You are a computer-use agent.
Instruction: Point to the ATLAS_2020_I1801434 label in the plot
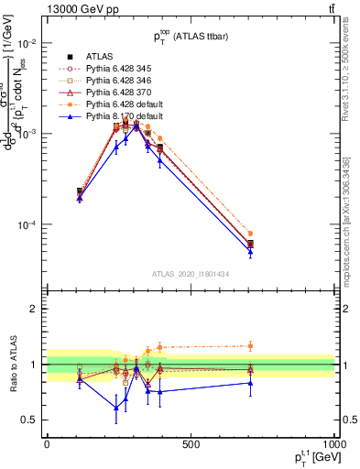click(191, 274)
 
